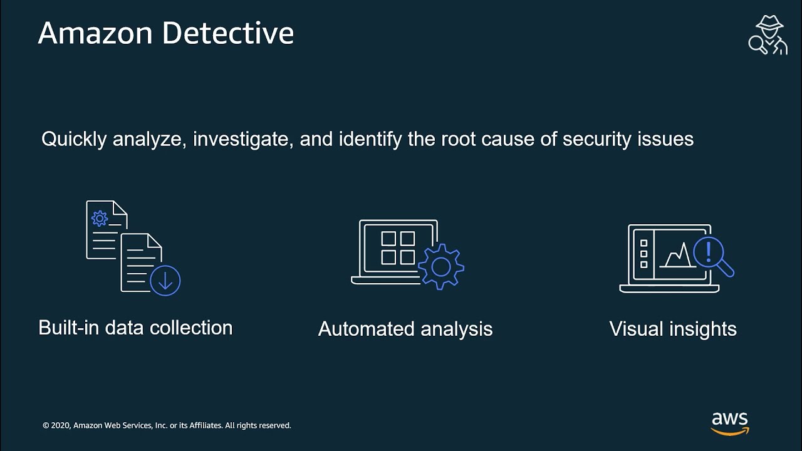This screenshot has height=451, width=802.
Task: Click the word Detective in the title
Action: pyautogui.click(x=228, y=33)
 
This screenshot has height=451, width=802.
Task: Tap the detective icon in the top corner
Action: pyautogui.click(x=768, y=36)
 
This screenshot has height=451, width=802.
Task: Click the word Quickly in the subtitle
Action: pyautogui.click(x=74, y=139)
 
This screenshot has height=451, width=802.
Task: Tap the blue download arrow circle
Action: pyautogui.click(x=165, y=280)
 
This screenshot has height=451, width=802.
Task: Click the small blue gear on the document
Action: pyautogui.click(x=100, y=218)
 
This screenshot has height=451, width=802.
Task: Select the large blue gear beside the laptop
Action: pyautogui.click(x=441, y=267)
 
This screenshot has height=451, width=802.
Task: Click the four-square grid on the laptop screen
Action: pyautogui.click(x=398, y=248)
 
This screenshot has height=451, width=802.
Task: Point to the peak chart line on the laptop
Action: pyautogui.click(x=678, y=254)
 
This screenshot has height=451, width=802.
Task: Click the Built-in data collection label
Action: pyautogui.click(x=135, y=328)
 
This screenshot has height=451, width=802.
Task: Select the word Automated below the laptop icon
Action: pyautogui.click(x=367, y=329)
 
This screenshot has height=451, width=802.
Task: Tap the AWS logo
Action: pyautogui.click(x=730, y=423)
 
